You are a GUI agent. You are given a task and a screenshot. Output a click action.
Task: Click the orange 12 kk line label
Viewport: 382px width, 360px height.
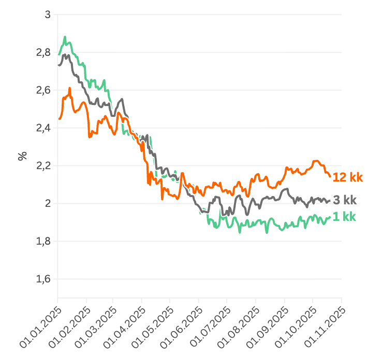348,177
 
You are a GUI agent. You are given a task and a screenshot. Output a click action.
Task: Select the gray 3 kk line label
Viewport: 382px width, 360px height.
344,201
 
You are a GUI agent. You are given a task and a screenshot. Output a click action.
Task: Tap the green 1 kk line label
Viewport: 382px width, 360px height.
344,217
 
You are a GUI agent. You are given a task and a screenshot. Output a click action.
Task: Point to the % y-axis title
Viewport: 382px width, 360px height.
22,156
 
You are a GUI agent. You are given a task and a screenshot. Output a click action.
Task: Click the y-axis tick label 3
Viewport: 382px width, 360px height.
48,14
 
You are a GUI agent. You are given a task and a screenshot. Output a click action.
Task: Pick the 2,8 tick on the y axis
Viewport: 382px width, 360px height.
44,52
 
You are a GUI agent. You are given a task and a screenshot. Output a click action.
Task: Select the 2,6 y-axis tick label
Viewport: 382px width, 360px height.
44,90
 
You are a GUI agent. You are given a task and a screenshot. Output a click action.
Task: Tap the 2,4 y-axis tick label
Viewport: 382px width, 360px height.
44,128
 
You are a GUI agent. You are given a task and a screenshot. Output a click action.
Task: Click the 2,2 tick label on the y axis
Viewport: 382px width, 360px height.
44,166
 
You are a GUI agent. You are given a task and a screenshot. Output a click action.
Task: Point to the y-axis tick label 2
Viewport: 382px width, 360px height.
48,203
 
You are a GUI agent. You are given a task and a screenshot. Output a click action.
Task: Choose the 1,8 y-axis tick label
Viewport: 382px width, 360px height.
44,241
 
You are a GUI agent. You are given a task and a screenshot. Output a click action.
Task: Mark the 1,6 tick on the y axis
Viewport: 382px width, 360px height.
44,279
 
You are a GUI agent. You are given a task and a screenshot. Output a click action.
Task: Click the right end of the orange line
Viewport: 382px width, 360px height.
330,176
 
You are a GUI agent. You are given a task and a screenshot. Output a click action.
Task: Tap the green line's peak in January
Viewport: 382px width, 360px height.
65,37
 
